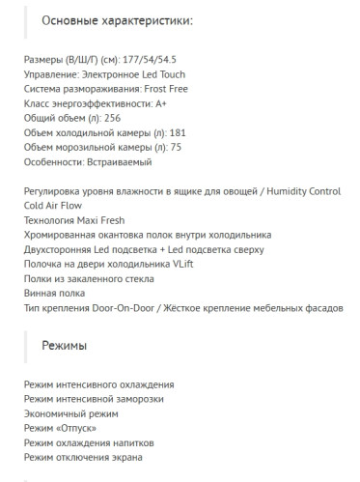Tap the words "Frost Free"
(x=177, y=89)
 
